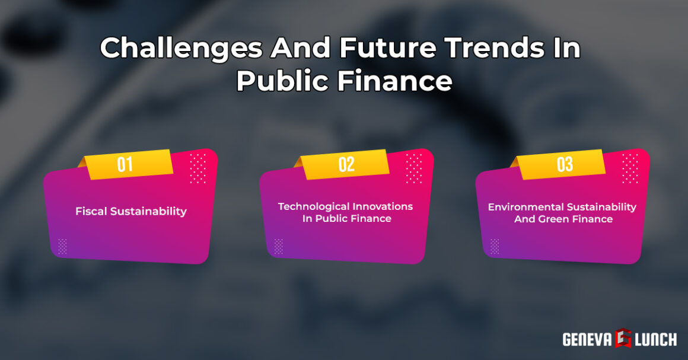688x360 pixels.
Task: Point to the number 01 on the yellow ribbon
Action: pos(125,164)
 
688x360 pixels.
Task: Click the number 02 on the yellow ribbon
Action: pos(346,164)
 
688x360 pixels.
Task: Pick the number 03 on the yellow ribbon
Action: pos(565,164)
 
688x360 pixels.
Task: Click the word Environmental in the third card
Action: pos(524,207)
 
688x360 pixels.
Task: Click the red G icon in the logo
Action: pos(623,339)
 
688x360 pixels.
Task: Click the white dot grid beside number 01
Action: pos(198,168)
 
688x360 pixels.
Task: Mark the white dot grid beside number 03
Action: pos(629,168)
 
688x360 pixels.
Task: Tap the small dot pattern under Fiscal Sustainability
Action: pos(62,246)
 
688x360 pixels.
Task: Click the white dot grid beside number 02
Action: pos(413,168)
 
